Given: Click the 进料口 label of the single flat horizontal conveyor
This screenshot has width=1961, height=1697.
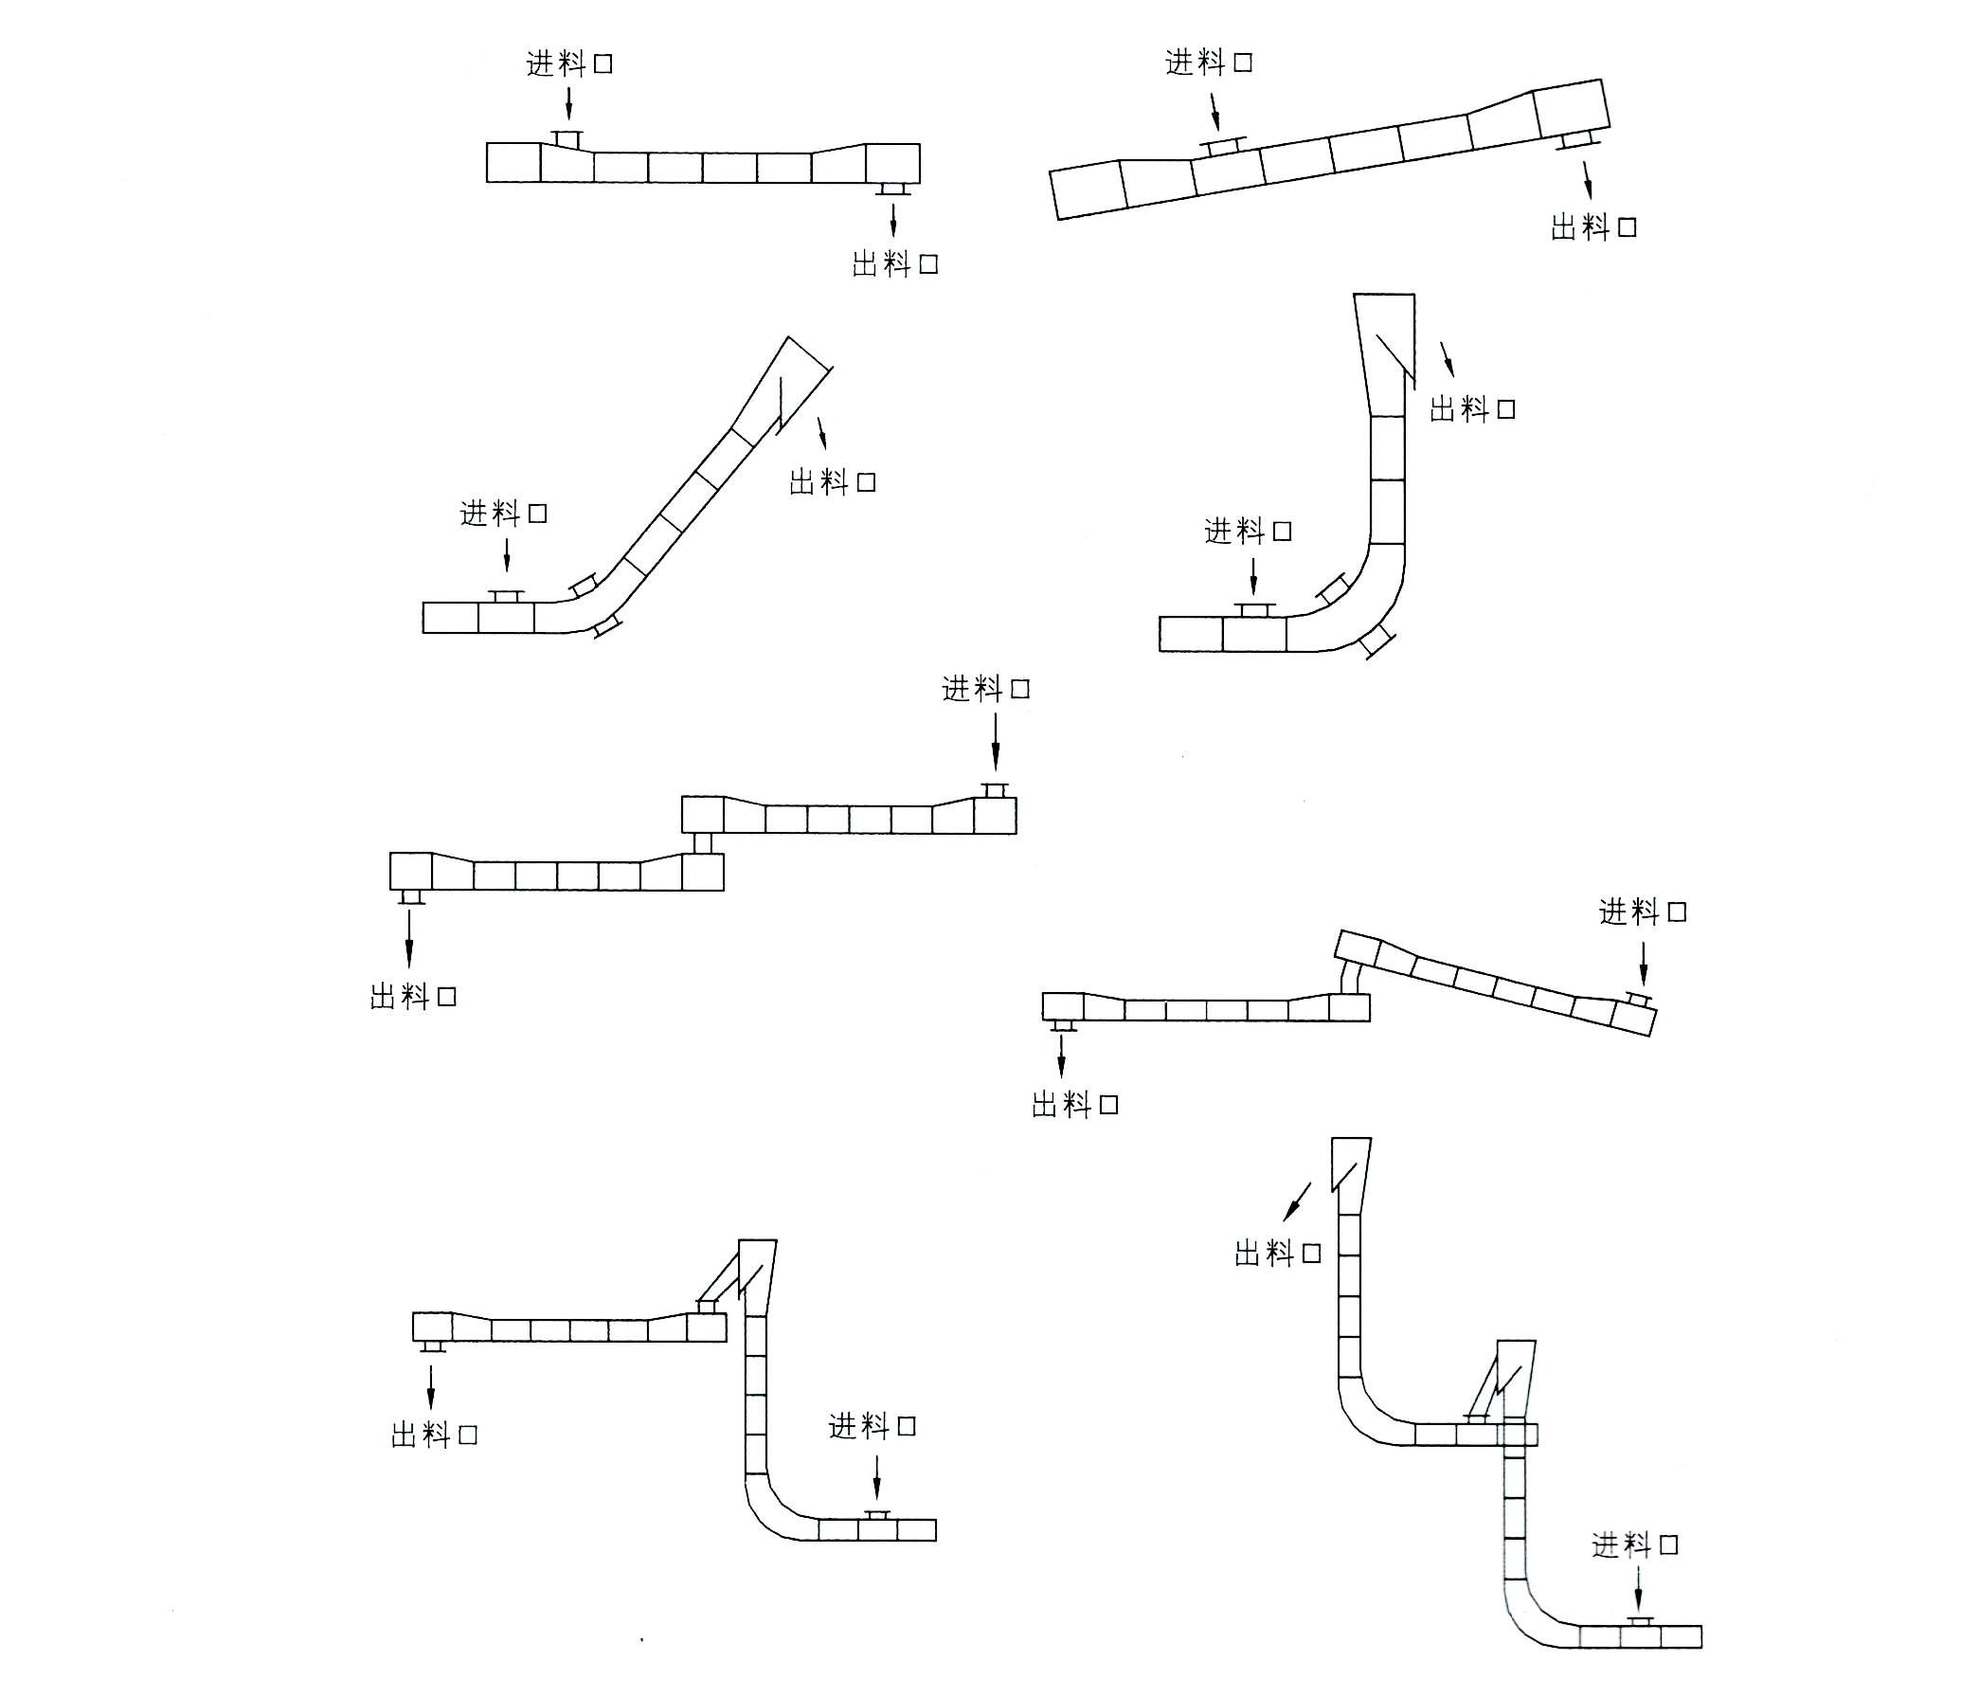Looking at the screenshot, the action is [x=570, y=63].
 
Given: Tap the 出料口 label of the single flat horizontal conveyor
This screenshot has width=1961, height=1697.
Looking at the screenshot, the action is [x=895, y=263].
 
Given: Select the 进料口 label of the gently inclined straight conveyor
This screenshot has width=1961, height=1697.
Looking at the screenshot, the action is [x=1209, y=63].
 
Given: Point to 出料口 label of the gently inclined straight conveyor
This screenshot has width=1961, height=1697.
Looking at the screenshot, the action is [x=1593, y=227].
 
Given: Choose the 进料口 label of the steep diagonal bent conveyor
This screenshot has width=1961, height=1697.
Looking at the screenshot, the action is [x=504, y=514].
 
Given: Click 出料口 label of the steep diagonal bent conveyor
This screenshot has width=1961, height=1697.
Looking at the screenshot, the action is [x=833, y=482].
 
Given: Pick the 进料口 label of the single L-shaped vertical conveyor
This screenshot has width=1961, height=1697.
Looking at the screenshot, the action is [x=1249, y=532].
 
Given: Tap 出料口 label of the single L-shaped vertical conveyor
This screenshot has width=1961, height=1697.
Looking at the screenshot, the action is [x=1472, y=409].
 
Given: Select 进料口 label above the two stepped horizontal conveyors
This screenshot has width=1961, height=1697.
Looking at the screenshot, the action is [x=986, y=689].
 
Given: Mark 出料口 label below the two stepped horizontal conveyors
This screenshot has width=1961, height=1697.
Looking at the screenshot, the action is [x=413, y=997].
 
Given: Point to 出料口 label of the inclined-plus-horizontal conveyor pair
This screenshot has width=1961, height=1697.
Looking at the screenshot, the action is [x=1075, y=1105].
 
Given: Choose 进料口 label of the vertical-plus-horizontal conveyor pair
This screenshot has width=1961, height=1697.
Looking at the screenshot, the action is [x=873, y=1426].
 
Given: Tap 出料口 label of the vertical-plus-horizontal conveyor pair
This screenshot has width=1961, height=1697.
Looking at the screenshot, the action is [x=435, y=1435].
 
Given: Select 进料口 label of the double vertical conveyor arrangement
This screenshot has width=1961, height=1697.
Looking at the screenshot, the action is [x=1635, y=1545].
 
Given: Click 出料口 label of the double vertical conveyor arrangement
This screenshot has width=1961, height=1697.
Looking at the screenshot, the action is [x=1278, y=1254].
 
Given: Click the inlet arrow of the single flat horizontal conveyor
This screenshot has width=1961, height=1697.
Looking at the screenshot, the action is [x=568, y=104].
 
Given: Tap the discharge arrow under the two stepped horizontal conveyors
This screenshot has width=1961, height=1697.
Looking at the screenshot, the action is [x=409, y=937].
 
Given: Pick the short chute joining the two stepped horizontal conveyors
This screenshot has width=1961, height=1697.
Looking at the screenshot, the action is [x=703, y=843].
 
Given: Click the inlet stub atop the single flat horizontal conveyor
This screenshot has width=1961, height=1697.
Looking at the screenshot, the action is [x=568, y=139].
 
